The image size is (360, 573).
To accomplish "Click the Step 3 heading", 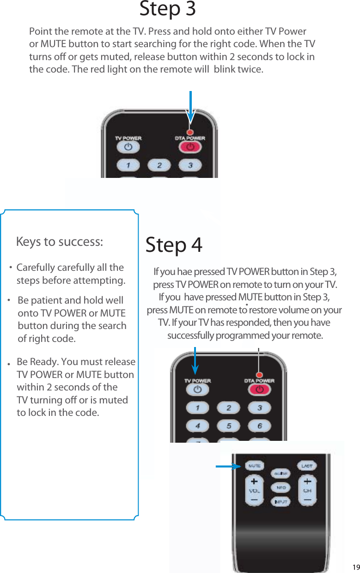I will pyautogui.click(x=167, y=9).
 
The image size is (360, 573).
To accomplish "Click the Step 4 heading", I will pyautogui.click(x=174, y=245).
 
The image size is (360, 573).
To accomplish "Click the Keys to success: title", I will pyautogui.click(x=60, y=242).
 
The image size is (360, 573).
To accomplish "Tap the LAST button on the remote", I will pyautogui.click(x=307, y=466).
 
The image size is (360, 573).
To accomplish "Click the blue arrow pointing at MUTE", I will pyautogui.click(x=228, y=466).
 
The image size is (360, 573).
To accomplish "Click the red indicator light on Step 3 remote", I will pyautogui.click(x=189, y=132).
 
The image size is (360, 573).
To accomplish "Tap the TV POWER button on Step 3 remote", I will pyautogui.click(x=128, y=147).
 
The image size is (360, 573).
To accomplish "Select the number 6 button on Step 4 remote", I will pyautogui.click(x=260, y=426).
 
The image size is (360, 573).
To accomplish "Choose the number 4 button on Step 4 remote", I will pyautogui.click(x=197, y=426).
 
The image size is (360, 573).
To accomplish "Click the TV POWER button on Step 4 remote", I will pyautogui.click(x=198, y=390).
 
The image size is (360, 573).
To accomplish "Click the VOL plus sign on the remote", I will pyautogui.click(x=254, y=482).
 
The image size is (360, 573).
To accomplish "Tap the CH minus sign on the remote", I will pyautogui.click(x=307, y=500).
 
